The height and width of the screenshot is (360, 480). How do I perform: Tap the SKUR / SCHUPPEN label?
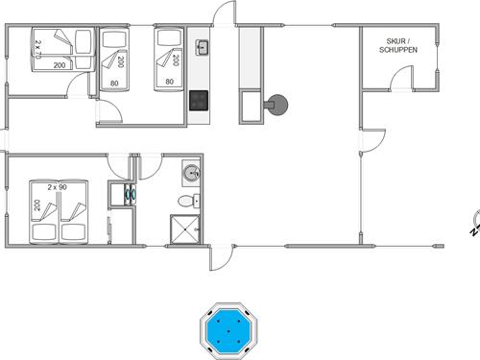(x=396, y=44)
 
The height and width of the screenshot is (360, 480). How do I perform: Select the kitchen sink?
(x=203, y=47)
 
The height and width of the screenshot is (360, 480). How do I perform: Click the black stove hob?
(x=200, y=98)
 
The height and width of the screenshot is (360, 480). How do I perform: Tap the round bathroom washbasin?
(x=192, y=174)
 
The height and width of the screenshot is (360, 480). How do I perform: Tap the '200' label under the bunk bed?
(x=60, y=65)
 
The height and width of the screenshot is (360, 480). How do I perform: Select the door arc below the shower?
(x=220, y=257)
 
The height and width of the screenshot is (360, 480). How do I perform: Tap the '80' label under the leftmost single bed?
(x=113, y=83)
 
